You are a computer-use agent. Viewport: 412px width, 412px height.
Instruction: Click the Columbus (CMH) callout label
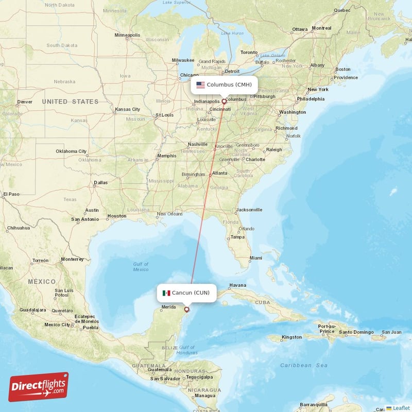[224, 84]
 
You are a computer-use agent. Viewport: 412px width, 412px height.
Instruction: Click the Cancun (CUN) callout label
[186, 293]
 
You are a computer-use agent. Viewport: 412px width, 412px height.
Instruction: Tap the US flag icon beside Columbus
[200, 84]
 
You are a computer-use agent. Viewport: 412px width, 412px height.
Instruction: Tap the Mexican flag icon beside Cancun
[166, 293]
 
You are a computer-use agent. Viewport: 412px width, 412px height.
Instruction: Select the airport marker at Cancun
[186, 310]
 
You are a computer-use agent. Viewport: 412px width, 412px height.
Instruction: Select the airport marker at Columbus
[224, 101]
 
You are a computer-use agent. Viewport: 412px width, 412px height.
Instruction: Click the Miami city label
[255, 257]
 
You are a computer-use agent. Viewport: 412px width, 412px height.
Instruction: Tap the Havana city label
[237, 285]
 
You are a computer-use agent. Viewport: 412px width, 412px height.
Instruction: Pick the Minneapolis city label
[127, 35]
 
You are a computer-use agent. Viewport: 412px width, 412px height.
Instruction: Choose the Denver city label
[25, 102]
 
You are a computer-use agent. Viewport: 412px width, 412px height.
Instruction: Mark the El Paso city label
[11, 194]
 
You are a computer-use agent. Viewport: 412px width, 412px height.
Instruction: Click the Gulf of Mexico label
[140, 267]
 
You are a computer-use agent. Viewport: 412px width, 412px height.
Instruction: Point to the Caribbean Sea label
[304, 365]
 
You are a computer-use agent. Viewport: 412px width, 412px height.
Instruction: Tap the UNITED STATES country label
[71, 101]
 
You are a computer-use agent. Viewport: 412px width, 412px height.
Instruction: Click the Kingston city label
[292, 337]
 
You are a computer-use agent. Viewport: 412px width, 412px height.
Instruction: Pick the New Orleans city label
[169, 214]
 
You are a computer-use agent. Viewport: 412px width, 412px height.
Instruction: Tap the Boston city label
[342, 69]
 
